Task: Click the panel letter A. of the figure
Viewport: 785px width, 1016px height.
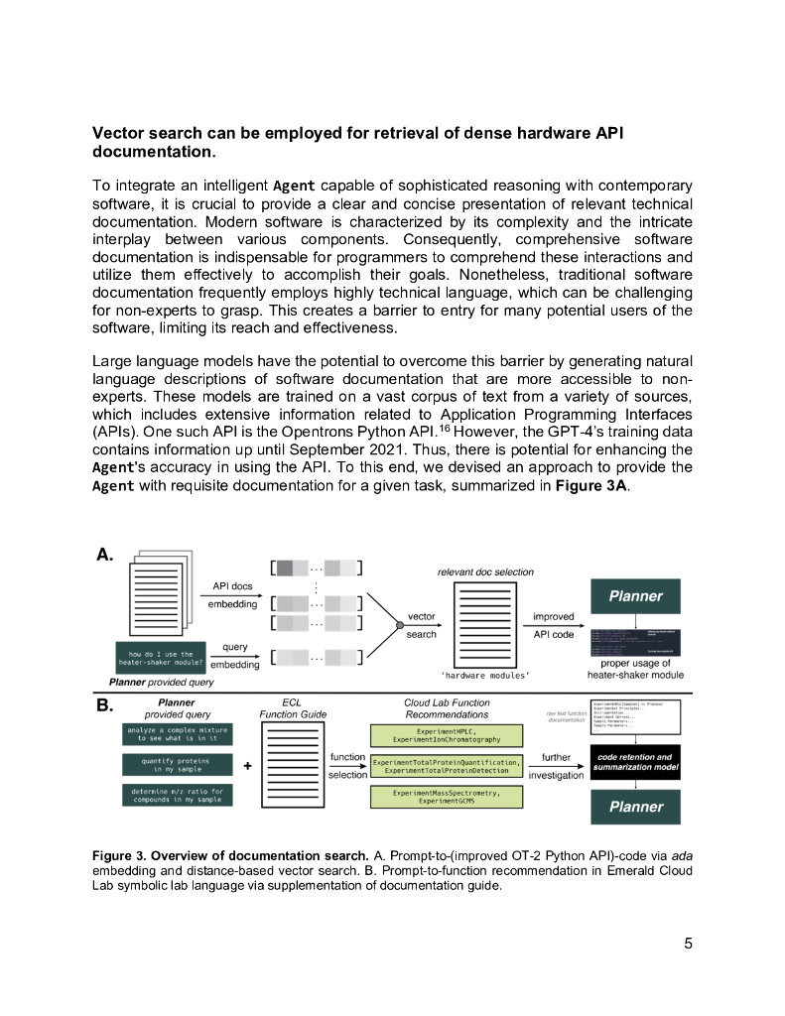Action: [x=103, y=557]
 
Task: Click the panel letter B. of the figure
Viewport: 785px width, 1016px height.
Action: [x=103, y=706]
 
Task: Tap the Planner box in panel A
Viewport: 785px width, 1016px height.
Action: [x=635, y=596]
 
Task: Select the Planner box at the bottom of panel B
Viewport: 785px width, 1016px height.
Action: [x=635, y=807]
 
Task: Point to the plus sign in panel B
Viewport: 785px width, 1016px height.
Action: [x=246, y=765]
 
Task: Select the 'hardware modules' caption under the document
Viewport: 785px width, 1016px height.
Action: [x=484, y=675]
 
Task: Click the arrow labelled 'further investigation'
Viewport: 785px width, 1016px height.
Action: [x=556, y=765]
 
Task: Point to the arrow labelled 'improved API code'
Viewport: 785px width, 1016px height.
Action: [x=553, y=624]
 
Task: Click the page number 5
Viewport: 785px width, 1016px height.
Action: [x=688, y=943]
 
